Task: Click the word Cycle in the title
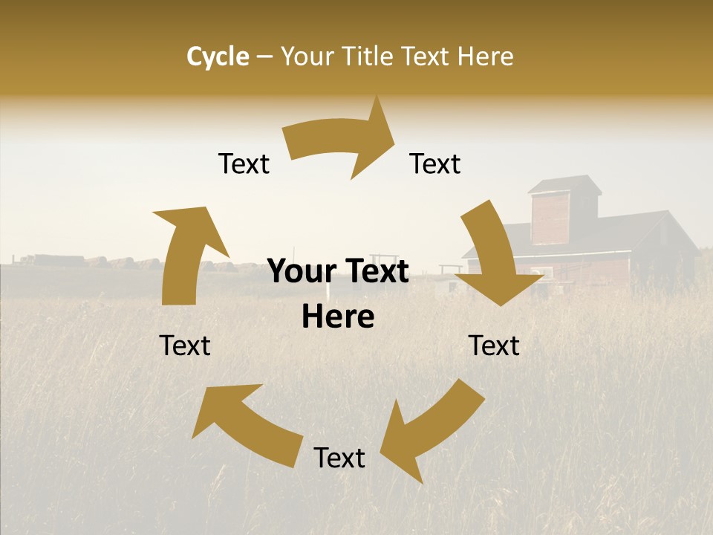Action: pyautogui.click(x=218, y=56)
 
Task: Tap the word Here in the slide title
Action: pyautogui.click(x=486, y=56)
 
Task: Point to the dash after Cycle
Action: pyautogui.click(x=264, y=57)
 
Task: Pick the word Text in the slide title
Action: pyautogui.click(x=428, y=56)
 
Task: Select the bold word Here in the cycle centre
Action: pyautogui.click(x=338, y=317)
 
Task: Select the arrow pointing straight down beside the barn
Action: pyautogui.click(x=494, y=256)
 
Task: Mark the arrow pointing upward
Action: pyautogui.click(x=186, y=253)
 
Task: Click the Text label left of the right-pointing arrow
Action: pyautogui.click(x=244, y=163)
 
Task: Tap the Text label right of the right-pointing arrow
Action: pyautogui.click(x=435, y=163)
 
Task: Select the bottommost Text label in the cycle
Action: pyautogui.click(x=339, y=458)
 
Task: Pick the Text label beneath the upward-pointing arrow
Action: pyautogui.click(x=185, y=346)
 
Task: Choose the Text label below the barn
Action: pyautogui.click(x=494, y=346)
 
